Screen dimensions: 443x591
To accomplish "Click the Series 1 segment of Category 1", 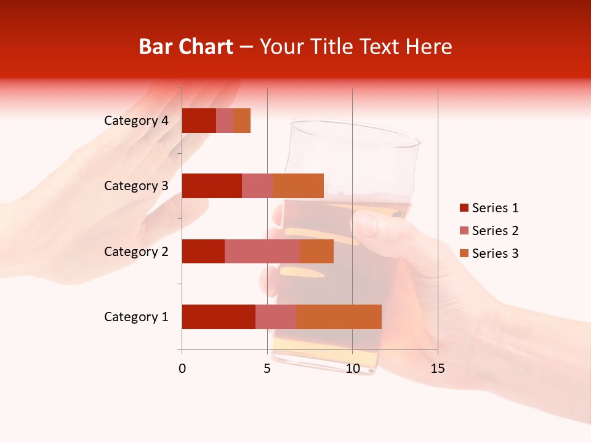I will (x=219, y=317).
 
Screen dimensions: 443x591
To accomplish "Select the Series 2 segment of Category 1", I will (x=276, y=317).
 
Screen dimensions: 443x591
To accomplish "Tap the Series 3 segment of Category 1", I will (x=339, y=317).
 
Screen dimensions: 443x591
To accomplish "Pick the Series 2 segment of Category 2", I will (x=262, y=251).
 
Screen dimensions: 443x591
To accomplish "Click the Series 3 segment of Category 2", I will (x=316, y=251).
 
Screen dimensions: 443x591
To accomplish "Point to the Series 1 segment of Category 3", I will (x=212, y=186).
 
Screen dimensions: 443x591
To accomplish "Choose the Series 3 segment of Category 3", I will (x=298, y=186).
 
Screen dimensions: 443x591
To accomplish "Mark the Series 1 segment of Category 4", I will (x=199, y=121).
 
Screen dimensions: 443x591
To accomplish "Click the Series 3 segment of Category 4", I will (x=242, y=121).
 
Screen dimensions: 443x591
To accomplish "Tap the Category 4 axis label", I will (x=136, y=121).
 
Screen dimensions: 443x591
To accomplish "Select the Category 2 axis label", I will (x=136, y=251).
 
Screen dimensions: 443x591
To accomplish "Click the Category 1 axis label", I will (x=136, y=317).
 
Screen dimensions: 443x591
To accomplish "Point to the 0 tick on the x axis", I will (x=182, y=369).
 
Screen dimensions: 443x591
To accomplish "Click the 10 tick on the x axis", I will (x=352, y=369).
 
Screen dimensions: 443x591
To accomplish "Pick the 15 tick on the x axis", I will (x=438, y=369).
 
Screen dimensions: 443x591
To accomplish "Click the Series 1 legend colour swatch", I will (x=464, y=208).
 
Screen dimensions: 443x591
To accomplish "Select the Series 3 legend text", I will (x=495, y=253).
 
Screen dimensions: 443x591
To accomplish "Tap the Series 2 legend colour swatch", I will (x=464, y=231).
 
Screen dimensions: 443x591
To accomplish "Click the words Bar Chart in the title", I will (x=185, y=47).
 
